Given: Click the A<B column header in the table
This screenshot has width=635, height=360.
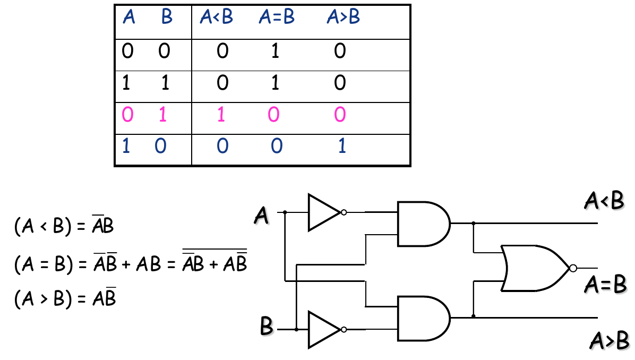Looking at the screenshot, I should pos(216,18).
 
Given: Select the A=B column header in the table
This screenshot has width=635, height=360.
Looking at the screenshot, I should pos(277,18).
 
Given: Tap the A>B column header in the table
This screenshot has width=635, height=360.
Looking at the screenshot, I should pos(343,18).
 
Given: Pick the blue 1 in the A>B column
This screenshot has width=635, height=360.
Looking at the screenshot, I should pos(342,146).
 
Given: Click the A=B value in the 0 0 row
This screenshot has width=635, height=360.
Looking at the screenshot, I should pos(275,52).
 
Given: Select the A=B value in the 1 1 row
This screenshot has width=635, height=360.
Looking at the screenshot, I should pos(275,83).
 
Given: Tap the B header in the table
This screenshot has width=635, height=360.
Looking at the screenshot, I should pos(167,18).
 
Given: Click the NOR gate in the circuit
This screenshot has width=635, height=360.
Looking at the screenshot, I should pos(534,268).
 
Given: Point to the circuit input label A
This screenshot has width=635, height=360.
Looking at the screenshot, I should pos(261,216).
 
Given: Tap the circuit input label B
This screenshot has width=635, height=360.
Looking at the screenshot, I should pos(267,326).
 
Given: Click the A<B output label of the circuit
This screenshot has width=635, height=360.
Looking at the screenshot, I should pos(604,201).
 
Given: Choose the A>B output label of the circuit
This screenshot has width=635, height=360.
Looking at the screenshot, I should pos(610,341).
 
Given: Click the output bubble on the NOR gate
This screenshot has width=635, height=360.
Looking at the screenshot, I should pos(573,268).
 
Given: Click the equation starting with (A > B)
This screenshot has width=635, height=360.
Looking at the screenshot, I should pos(65,299).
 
